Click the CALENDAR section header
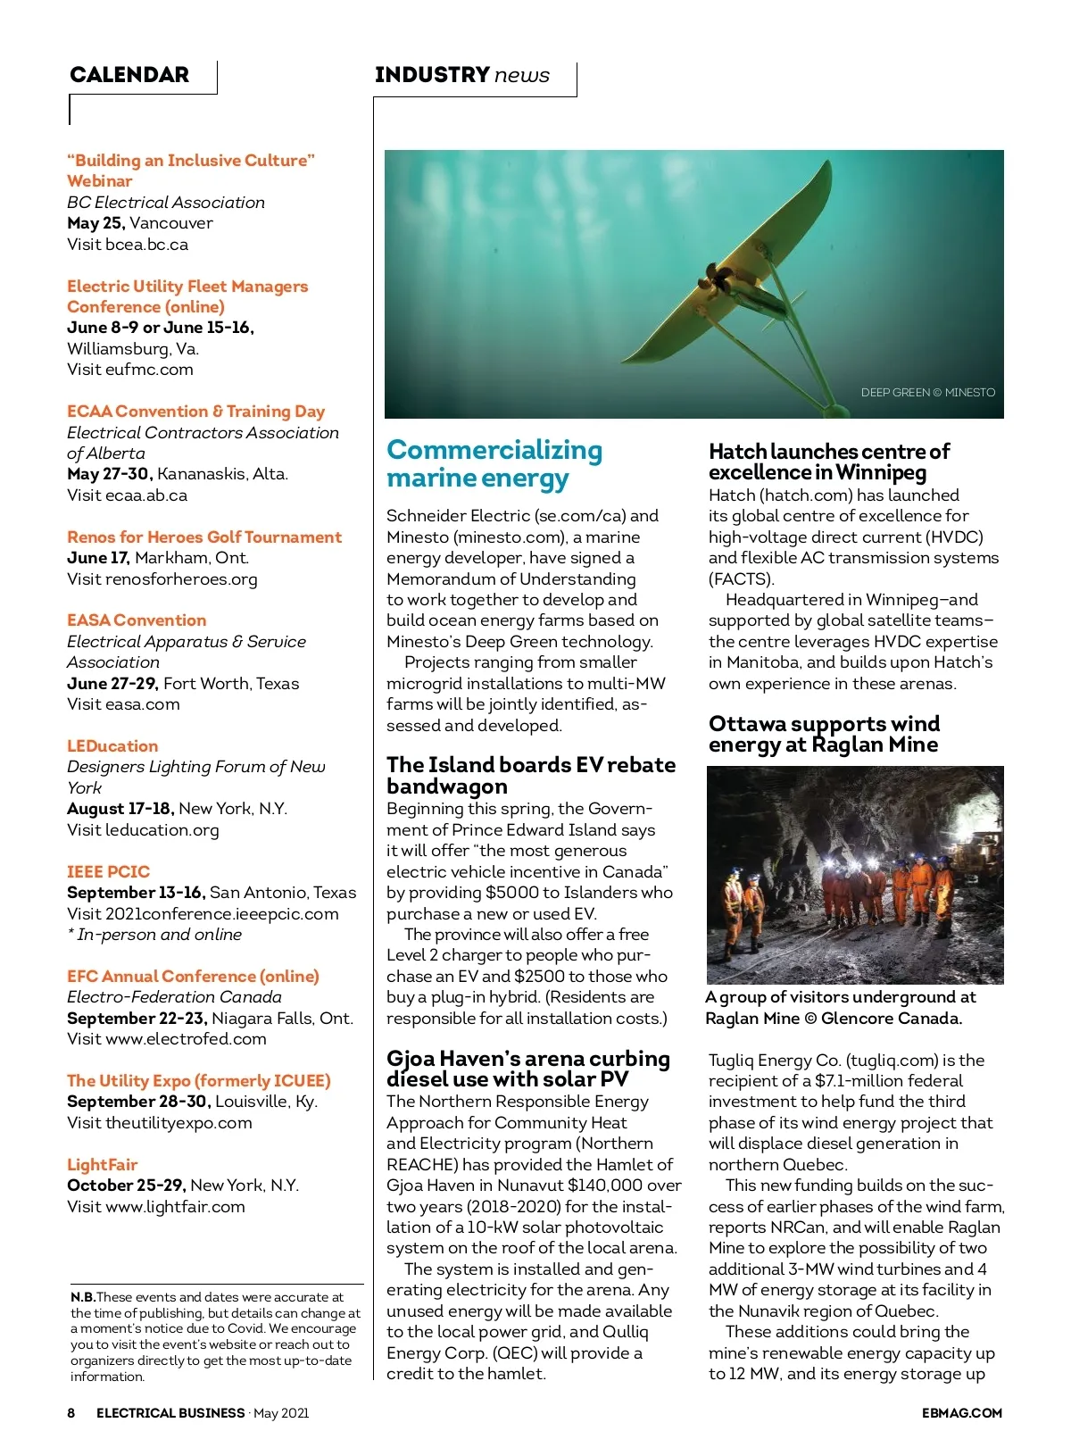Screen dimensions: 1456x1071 tap(129, 75)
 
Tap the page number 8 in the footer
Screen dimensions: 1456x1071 tap(71, 1413)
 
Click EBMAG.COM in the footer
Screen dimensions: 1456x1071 tap(961, 1413)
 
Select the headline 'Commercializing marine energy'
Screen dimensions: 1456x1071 tap(494, 464)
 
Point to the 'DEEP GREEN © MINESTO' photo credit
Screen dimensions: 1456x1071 tap(927, 392)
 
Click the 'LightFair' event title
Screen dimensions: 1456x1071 tap(103, 1165)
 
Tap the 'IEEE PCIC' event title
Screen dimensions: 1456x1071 tap(108, 872)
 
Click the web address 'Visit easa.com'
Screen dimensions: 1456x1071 tap(123, 704)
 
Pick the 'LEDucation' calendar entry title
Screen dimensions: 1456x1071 tap(112, 746)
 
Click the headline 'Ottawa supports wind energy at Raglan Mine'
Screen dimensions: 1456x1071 tap(824, 734)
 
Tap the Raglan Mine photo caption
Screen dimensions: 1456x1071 tap(840, 1008)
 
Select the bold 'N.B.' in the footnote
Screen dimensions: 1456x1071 tap(83, 1297)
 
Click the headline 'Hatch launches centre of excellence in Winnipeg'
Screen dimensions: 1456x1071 tap(828, 462)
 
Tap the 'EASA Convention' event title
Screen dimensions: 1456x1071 tap(137, 620)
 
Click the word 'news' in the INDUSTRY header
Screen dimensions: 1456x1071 tap(522, 75)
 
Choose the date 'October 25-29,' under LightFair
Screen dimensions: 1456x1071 tap(126, 1186)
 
